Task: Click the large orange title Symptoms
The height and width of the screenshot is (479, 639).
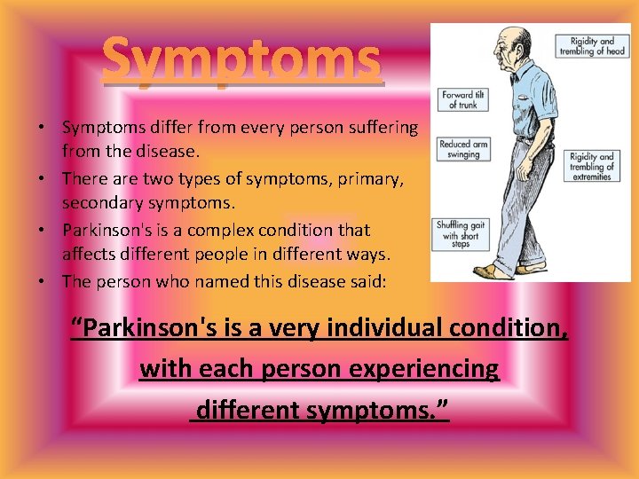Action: coord(242,61)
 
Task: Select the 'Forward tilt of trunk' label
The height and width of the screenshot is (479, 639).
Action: coord(462,98)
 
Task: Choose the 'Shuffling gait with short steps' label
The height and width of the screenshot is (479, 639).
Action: coord(461,232)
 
